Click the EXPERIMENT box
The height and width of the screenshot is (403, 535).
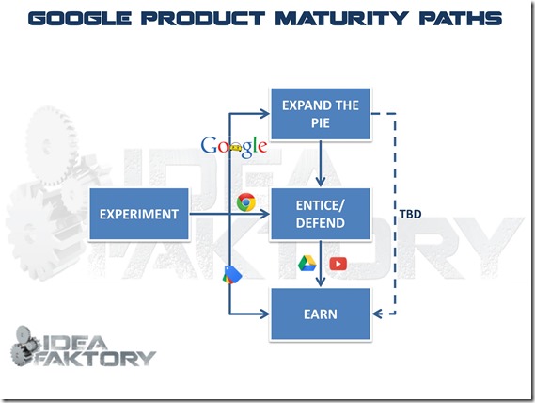(139, 214)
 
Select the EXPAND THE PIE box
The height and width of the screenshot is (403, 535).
(321, 114)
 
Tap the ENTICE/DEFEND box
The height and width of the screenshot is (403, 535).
(321, 214)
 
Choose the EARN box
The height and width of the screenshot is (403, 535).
(321, 314)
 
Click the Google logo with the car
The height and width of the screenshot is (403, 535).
(234, 146)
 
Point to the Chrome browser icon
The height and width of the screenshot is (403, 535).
(246, 201)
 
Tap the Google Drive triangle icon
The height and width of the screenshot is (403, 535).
(307, 264)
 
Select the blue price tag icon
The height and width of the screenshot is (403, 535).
(231, 275)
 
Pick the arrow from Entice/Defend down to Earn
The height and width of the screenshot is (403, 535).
(322, 264)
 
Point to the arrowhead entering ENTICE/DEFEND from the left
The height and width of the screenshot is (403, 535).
(265, 214)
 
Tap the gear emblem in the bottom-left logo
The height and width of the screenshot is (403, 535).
(29, 347)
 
